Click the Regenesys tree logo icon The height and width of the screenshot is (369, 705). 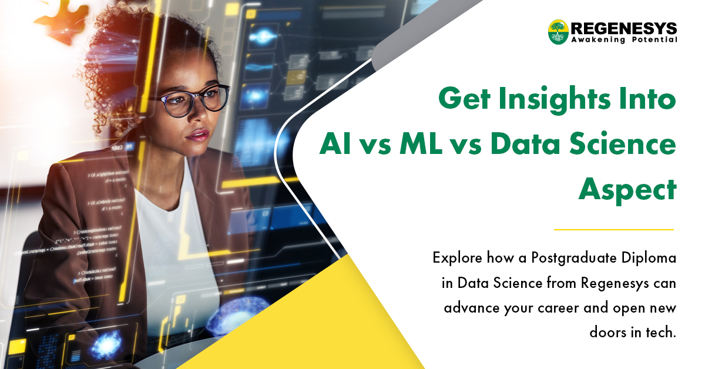pos(558,32)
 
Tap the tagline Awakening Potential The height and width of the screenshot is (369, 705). pos(623,40)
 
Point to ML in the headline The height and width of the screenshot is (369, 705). pos(420,145)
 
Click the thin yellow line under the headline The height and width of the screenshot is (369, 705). pos(614,229)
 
